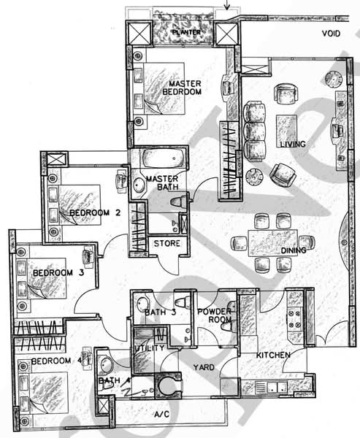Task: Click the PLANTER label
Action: pos(186,32)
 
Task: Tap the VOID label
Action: pos(332,34)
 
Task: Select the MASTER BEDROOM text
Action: pos(182,88)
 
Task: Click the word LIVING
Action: pos(293,144)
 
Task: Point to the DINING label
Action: pos(294,250)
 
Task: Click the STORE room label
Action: pos(167,243)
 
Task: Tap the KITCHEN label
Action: pos(273,356)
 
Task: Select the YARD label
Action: pos(204,367)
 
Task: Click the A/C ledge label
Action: pos(162,414)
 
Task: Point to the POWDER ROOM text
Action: pos(215,315)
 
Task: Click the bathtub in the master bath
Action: pos(164,158)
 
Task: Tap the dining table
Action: pos(273,243)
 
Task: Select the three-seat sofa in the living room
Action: pos(254,131)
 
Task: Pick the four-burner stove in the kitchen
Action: pos(295,319)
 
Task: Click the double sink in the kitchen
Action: pos(277,387)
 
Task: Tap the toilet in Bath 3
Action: pos(183,303)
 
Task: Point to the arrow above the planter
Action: pos(226,5)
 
